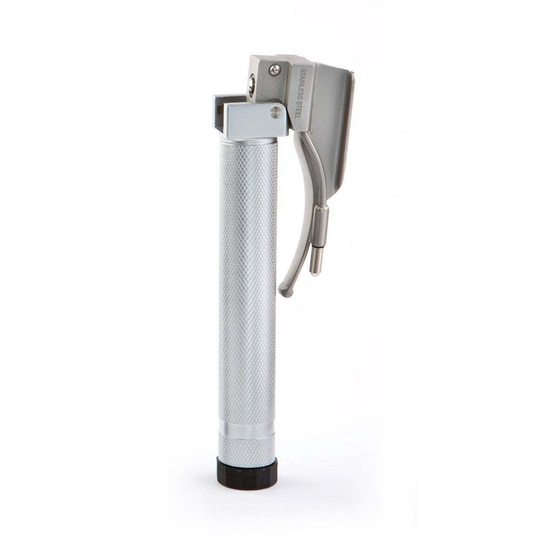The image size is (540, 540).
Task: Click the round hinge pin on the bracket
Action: (276, 112)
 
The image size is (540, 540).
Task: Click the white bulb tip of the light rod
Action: (313, 273)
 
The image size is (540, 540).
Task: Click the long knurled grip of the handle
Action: (247, 281)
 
